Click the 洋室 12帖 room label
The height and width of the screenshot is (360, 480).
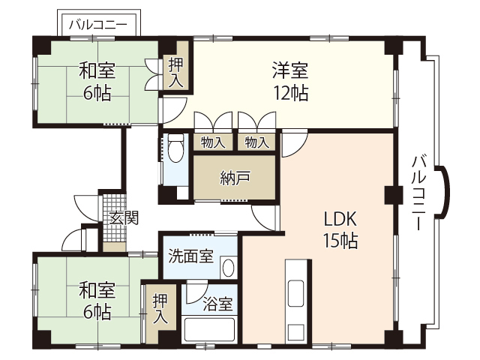tap(289, 82)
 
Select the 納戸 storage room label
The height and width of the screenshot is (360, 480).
tap(235, 178)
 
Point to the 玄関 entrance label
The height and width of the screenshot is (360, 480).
tap(124, 218)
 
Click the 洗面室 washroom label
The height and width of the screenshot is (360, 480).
tap(190, 256)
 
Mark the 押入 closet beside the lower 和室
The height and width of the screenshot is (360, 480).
tap(160, 309)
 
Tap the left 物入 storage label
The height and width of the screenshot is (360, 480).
tap(213, 142)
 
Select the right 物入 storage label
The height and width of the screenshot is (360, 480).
tap(257, 142)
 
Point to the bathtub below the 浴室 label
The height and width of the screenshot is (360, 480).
tap(210, 330)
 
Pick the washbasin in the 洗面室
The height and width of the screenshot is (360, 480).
tap(229, 267)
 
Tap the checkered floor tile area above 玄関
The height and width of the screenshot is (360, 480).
tap(112, 203)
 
